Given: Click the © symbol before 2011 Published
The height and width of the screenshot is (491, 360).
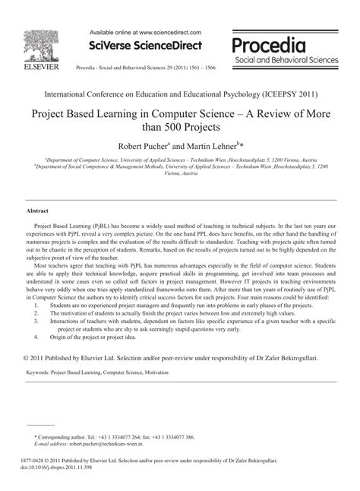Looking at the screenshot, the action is pos(29,357).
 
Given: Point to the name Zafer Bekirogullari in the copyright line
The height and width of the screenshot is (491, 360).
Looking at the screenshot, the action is pos(292,357).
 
